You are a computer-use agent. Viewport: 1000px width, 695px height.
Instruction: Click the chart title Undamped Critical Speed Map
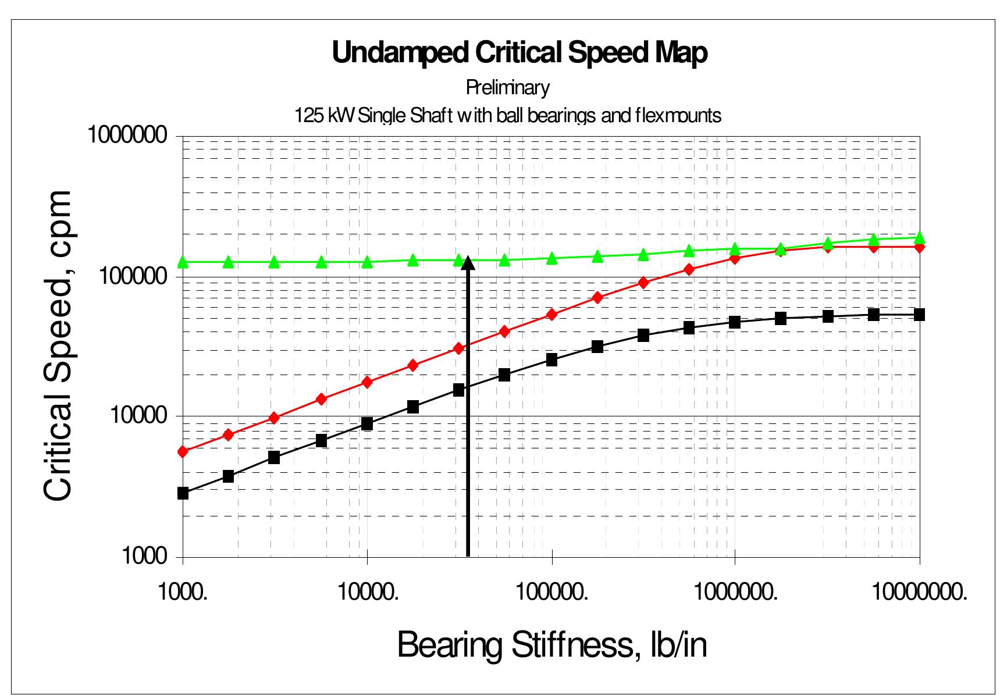519,52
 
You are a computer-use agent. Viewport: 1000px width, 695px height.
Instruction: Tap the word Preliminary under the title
507,88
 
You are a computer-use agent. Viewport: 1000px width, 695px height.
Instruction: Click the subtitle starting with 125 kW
507,115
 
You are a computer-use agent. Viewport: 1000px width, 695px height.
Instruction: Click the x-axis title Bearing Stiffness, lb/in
551,644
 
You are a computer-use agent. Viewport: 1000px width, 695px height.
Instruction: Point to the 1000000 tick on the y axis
126,136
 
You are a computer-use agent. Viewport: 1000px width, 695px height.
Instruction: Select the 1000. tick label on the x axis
183,593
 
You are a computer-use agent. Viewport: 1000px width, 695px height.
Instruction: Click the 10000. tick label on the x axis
367,593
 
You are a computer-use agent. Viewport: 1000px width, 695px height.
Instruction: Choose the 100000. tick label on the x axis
551,593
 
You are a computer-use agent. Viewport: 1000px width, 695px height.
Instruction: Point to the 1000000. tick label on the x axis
735,593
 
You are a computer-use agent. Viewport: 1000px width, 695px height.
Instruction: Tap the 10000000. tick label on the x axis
920,593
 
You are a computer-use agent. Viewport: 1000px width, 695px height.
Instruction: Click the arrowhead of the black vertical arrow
468,263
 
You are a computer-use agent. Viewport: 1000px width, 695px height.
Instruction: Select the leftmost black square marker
183,493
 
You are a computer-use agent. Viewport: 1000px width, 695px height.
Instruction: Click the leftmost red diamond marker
183,451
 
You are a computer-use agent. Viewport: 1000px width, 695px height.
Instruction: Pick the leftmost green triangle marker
183,262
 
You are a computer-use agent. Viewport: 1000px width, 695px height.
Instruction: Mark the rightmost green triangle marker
919,237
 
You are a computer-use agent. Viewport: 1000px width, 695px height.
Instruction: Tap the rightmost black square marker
919,315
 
